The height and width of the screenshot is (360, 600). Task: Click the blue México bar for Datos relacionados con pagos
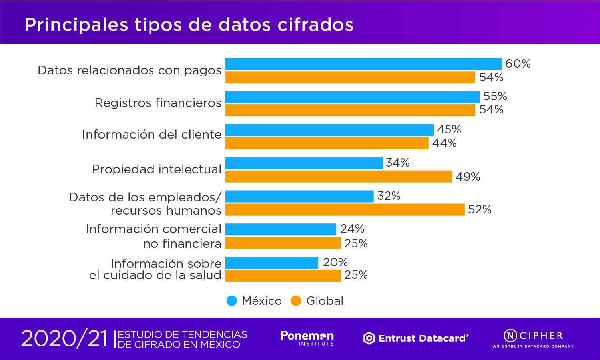click(x=364, y=64)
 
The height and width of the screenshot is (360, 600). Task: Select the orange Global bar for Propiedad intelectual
click(x=339, y=177)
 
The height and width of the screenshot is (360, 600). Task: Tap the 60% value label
click(x=518, y=64)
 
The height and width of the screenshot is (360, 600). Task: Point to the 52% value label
click(x=480, y=210)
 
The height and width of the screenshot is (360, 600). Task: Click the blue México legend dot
click(x=232, y=301)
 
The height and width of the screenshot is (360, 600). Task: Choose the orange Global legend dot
click(x=296, y=301)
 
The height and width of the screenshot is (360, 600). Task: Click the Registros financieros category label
click(x=158, y=103)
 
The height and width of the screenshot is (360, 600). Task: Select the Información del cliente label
click(x=151, y=135)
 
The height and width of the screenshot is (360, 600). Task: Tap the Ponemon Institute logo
click(x=307, y=338)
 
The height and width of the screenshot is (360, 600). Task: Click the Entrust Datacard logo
click(x=416, y=338)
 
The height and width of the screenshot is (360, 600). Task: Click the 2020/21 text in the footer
click(x=64, y=339)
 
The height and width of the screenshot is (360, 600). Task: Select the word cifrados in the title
click(x=315, y=25)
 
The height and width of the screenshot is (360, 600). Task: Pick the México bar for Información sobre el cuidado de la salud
click(x=272, y=263)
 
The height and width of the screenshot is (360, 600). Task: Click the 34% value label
click(x=397, y=163)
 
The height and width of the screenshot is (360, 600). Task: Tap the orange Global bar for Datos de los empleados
click(x=345, y=210)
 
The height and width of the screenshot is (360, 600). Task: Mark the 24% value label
click(x=352, y=229)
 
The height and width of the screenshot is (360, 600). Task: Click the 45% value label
click(x=449, y=130)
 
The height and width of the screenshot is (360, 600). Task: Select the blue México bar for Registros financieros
click(x=352, y=97)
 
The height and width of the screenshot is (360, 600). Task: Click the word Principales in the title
click(x=76, y=25)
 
